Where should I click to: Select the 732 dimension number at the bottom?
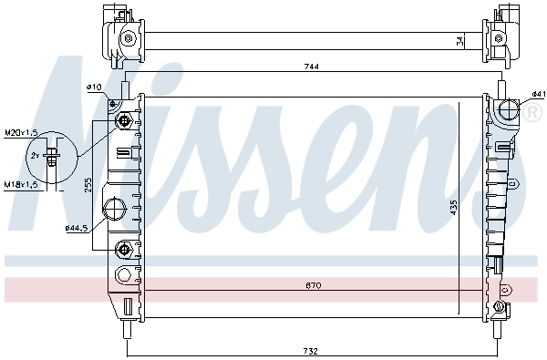click(311, 351)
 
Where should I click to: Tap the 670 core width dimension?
click(313, 286)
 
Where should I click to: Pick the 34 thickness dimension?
click(461, 39)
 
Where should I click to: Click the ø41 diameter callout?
click(538, 94)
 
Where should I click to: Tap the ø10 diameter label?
click(93, 87)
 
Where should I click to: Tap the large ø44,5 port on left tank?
click(115, 209)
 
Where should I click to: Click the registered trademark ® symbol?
click(530, 113)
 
